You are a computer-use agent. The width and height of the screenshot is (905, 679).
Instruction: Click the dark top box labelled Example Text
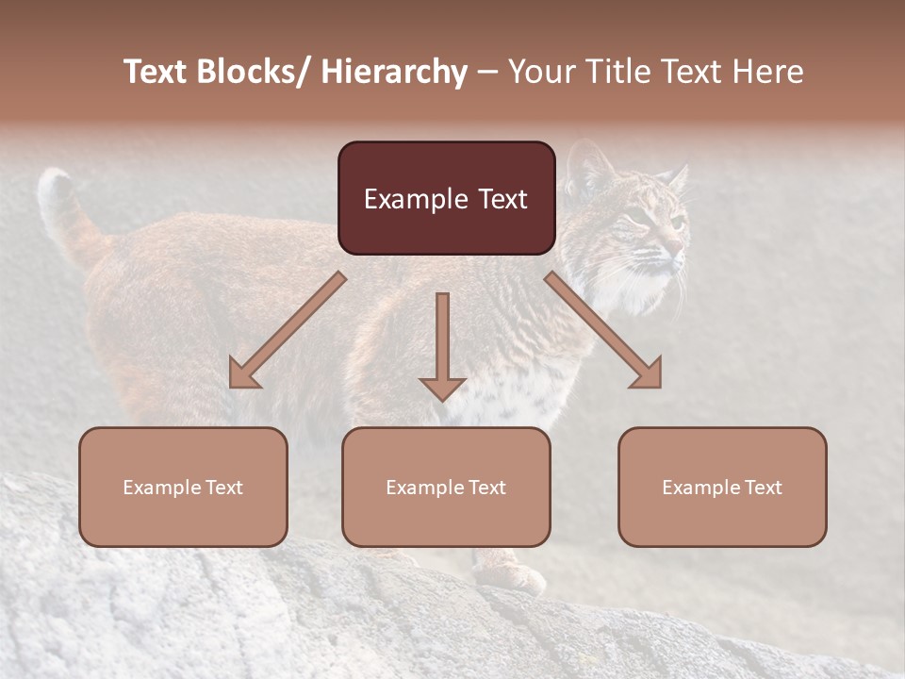pyautogui.click(x=446, y=198)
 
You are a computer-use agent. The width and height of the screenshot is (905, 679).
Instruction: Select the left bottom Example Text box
pyautogui.click(x=183, y=487)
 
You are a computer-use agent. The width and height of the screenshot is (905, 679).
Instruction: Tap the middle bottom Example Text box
pyautogui.click(x=446, y=487)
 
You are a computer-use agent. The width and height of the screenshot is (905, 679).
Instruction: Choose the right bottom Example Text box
pyautogui.click(x=722, y=487)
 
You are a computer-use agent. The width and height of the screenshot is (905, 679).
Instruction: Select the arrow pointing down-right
pyautogui.click(x=604, y=331)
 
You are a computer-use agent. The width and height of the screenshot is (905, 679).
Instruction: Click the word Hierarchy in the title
pyautogui.click(x=394, y=72)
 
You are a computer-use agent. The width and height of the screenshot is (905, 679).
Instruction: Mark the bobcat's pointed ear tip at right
pyautogui.click(x=682, y=171)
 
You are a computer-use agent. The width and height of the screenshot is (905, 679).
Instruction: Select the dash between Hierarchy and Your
pyautogui.click(x=487, y=72)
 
